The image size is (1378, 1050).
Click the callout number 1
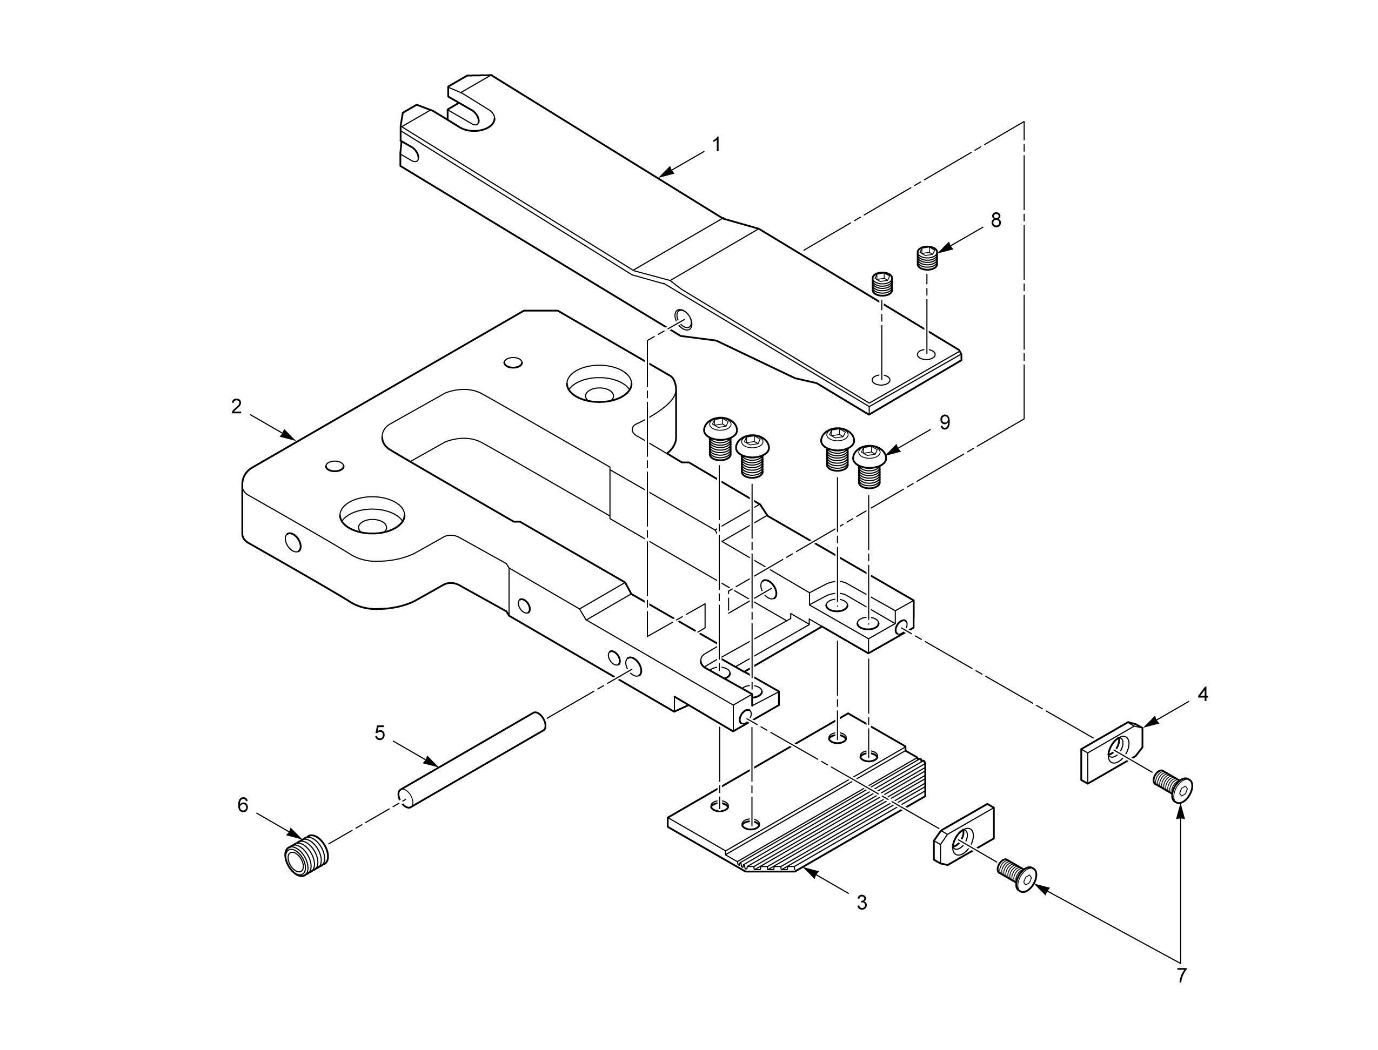click(x=717, y=145)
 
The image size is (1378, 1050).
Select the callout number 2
click(x=236, y=407)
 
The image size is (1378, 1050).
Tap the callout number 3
click(x=861, y=902)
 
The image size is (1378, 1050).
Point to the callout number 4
click(x=1202, y=695)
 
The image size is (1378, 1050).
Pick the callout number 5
click(x=380, y=733)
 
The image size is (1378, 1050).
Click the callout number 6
click(x=243, y=805)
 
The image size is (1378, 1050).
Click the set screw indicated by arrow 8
click(x=927, y=258)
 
